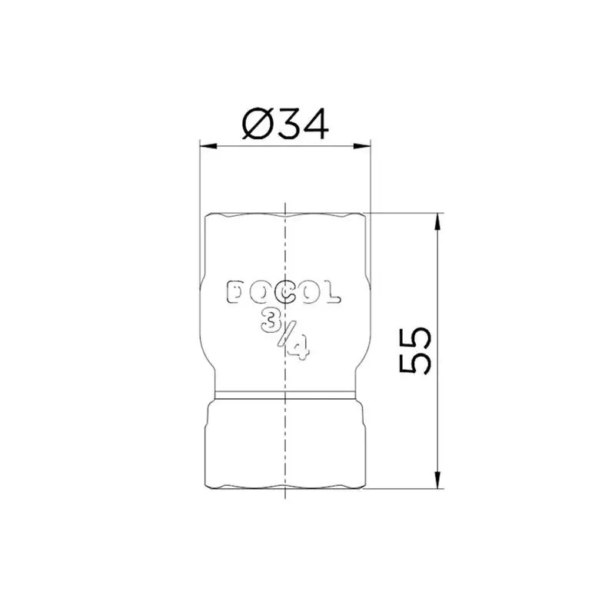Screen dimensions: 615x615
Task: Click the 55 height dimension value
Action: (x=417, y=350)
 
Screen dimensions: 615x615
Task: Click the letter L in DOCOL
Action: (x=331, y=293)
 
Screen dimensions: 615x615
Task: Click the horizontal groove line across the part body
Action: (x=246, y=394)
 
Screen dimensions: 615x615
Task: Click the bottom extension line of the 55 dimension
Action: (x=407, y=489)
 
